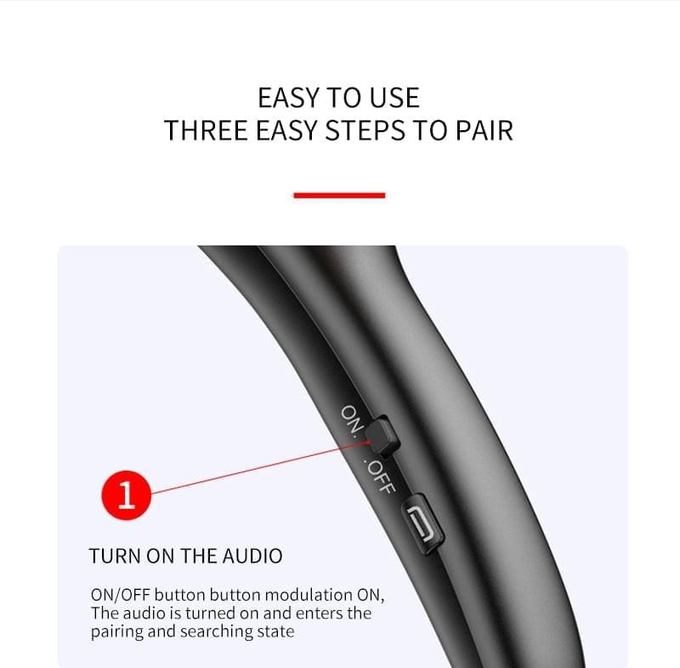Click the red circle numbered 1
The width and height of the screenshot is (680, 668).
point(126,494)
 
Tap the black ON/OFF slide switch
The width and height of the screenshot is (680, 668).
point(381,436)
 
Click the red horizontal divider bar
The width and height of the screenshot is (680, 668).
point(339,196)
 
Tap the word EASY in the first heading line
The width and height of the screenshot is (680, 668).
point(288,98)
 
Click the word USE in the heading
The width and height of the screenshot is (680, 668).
point(394,98)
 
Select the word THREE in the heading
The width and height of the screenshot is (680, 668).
point(206,130)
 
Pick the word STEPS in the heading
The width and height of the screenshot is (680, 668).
point(365,130)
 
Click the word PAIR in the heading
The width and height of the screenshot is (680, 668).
point(484,130)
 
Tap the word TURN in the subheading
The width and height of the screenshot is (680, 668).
point(115,556)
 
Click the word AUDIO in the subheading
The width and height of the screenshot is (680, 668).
point(252,556)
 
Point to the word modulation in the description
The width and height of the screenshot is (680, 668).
point(309,595)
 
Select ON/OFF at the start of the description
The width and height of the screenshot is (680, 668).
point(120,595)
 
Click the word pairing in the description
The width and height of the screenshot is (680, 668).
point(116,632)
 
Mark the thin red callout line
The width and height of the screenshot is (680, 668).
point(260,468)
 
